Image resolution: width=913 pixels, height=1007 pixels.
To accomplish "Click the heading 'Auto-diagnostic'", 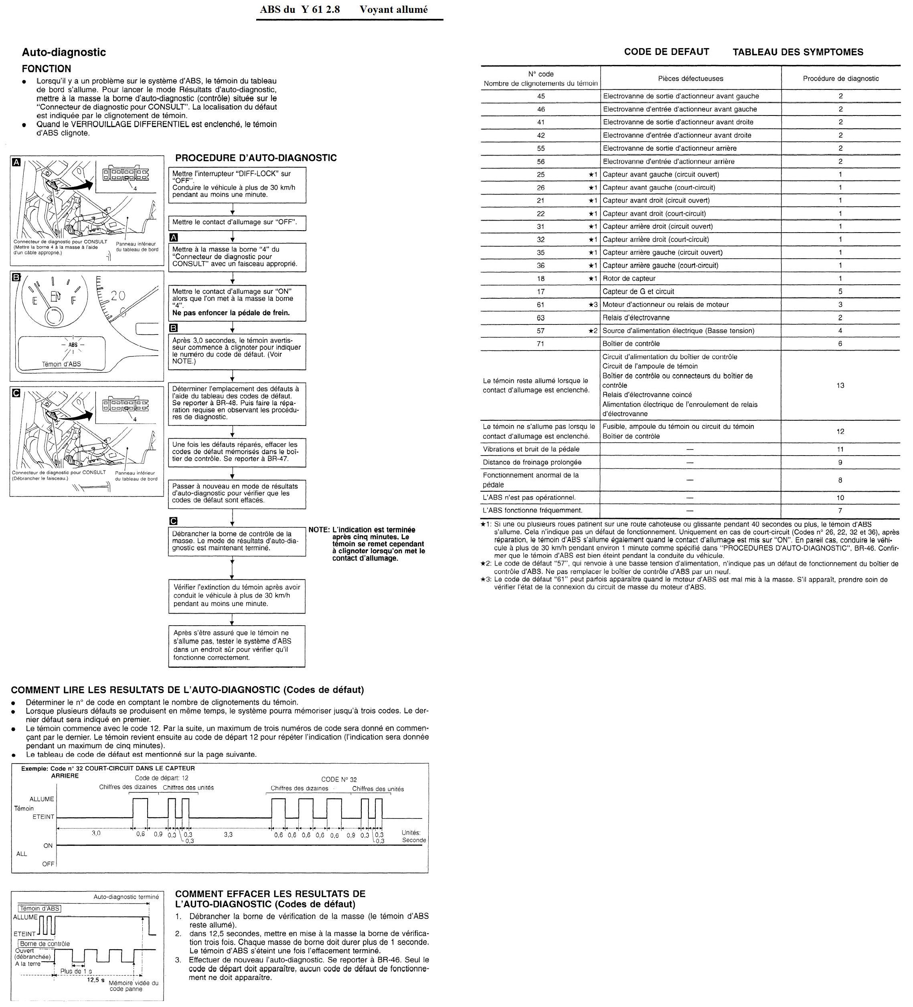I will pyautogui.click(x=63, y=53).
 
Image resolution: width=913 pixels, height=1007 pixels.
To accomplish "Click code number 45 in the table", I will pyautogui.click(x=541, y=96).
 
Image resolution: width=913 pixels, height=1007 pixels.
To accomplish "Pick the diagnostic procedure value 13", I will pyautogui.click(x=840, y=385).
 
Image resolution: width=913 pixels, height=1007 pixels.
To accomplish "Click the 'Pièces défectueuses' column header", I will pyautogui.click(x=690, y=79).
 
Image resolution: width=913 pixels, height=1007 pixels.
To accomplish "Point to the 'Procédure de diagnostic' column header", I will pyautogui.click(x=840, y=79).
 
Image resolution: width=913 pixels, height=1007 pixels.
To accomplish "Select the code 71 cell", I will pyautogui.click(x=541, y=344).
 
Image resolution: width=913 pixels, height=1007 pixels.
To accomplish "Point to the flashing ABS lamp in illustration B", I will pyautogui.click(x=73, y=344).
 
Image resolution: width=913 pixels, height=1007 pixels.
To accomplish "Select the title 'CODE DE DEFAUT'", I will pyautogui.click(x=666, y=52).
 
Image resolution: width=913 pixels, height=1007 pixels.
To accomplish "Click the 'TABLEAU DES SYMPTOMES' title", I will pyautogui.click(x=798, y=53).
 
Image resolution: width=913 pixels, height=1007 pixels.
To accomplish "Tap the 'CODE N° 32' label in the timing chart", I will pyautogui.click(x=339, y=779).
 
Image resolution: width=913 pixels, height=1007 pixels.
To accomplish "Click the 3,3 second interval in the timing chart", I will pyautogui.click(x=228, y=834).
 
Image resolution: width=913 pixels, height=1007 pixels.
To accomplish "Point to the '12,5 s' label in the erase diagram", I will pyautogui.click(x=95, y=979).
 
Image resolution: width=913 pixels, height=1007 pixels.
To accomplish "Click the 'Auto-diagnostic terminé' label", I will pyautogui.click(x=126, y=897).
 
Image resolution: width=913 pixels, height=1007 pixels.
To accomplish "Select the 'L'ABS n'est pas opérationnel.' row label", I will pyautogui.click(x=529, y=498).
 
